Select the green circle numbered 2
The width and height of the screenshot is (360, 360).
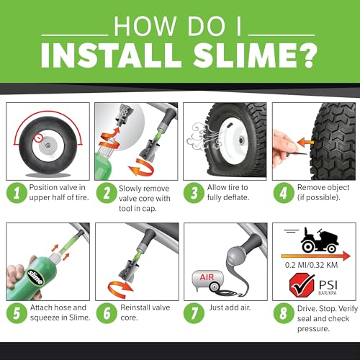pos(107,192)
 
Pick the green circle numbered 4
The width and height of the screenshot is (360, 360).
pos(284,192)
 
